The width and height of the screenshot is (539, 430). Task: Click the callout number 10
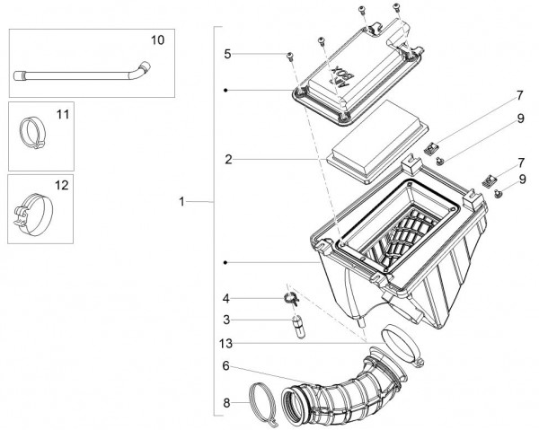[156, 41]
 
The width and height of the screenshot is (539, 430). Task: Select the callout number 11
[62, 115]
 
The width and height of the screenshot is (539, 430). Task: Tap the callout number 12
[62, 187]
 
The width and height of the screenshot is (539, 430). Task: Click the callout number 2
[229, 159]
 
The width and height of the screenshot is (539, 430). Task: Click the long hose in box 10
[81, 75]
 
